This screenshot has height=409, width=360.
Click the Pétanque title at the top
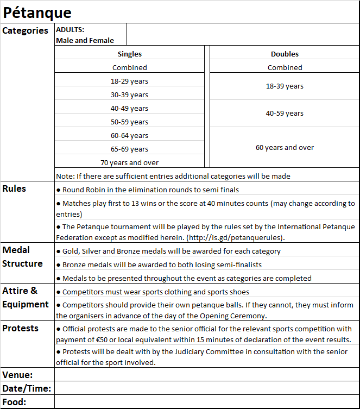coord(37,12)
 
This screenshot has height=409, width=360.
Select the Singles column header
coord(129,54)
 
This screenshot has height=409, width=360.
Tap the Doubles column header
coord(285,54)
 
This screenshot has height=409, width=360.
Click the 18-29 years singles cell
coord(129,81)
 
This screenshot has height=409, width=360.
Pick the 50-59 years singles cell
coord(129,122)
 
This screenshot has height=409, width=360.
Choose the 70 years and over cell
coord(129,162)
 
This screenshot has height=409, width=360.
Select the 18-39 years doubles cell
coord(285,86)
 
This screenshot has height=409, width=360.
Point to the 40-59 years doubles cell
coord(285,114)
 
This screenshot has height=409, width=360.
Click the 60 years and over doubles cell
coord(285,147)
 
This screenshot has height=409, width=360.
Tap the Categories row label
coord(26,30)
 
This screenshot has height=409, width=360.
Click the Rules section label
coord(14,188)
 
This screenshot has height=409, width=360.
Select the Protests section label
coord(21,328)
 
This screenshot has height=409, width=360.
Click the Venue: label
coord(18,375)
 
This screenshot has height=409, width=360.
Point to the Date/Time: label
coord(27,388)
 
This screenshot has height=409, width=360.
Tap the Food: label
coord(15,402)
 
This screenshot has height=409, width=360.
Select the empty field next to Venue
coord(206,375)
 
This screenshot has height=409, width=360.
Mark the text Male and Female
coord(85,40)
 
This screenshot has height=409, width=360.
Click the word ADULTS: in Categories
coord(70,30)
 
